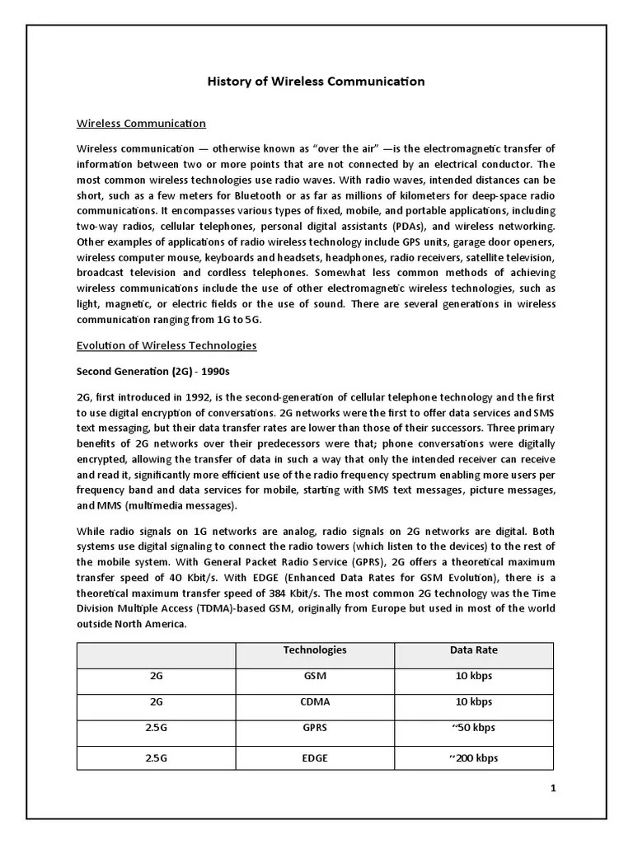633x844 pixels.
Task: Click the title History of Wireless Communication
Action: point(316,82)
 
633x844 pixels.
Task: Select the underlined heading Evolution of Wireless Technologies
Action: point(166,345)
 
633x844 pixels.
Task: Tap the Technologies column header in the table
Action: point(315,650)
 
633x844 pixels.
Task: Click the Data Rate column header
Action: point(473,650)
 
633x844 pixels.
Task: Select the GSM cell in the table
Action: point(315,677)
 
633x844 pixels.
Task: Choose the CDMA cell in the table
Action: point(315,703)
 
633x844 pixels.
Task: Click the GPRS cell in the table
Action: point(315,729)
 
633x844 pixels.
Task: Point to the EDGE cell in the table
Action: point(315,757)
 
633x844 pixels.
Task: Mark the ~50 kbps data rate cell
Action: point(473,729)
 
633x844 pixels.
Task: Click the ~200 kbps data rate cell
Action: point(473,757)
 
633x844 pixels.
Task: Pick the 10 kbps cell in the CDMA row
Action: point(473,703)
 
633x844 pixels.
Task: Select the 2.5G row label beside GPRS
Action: point(157,729)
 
